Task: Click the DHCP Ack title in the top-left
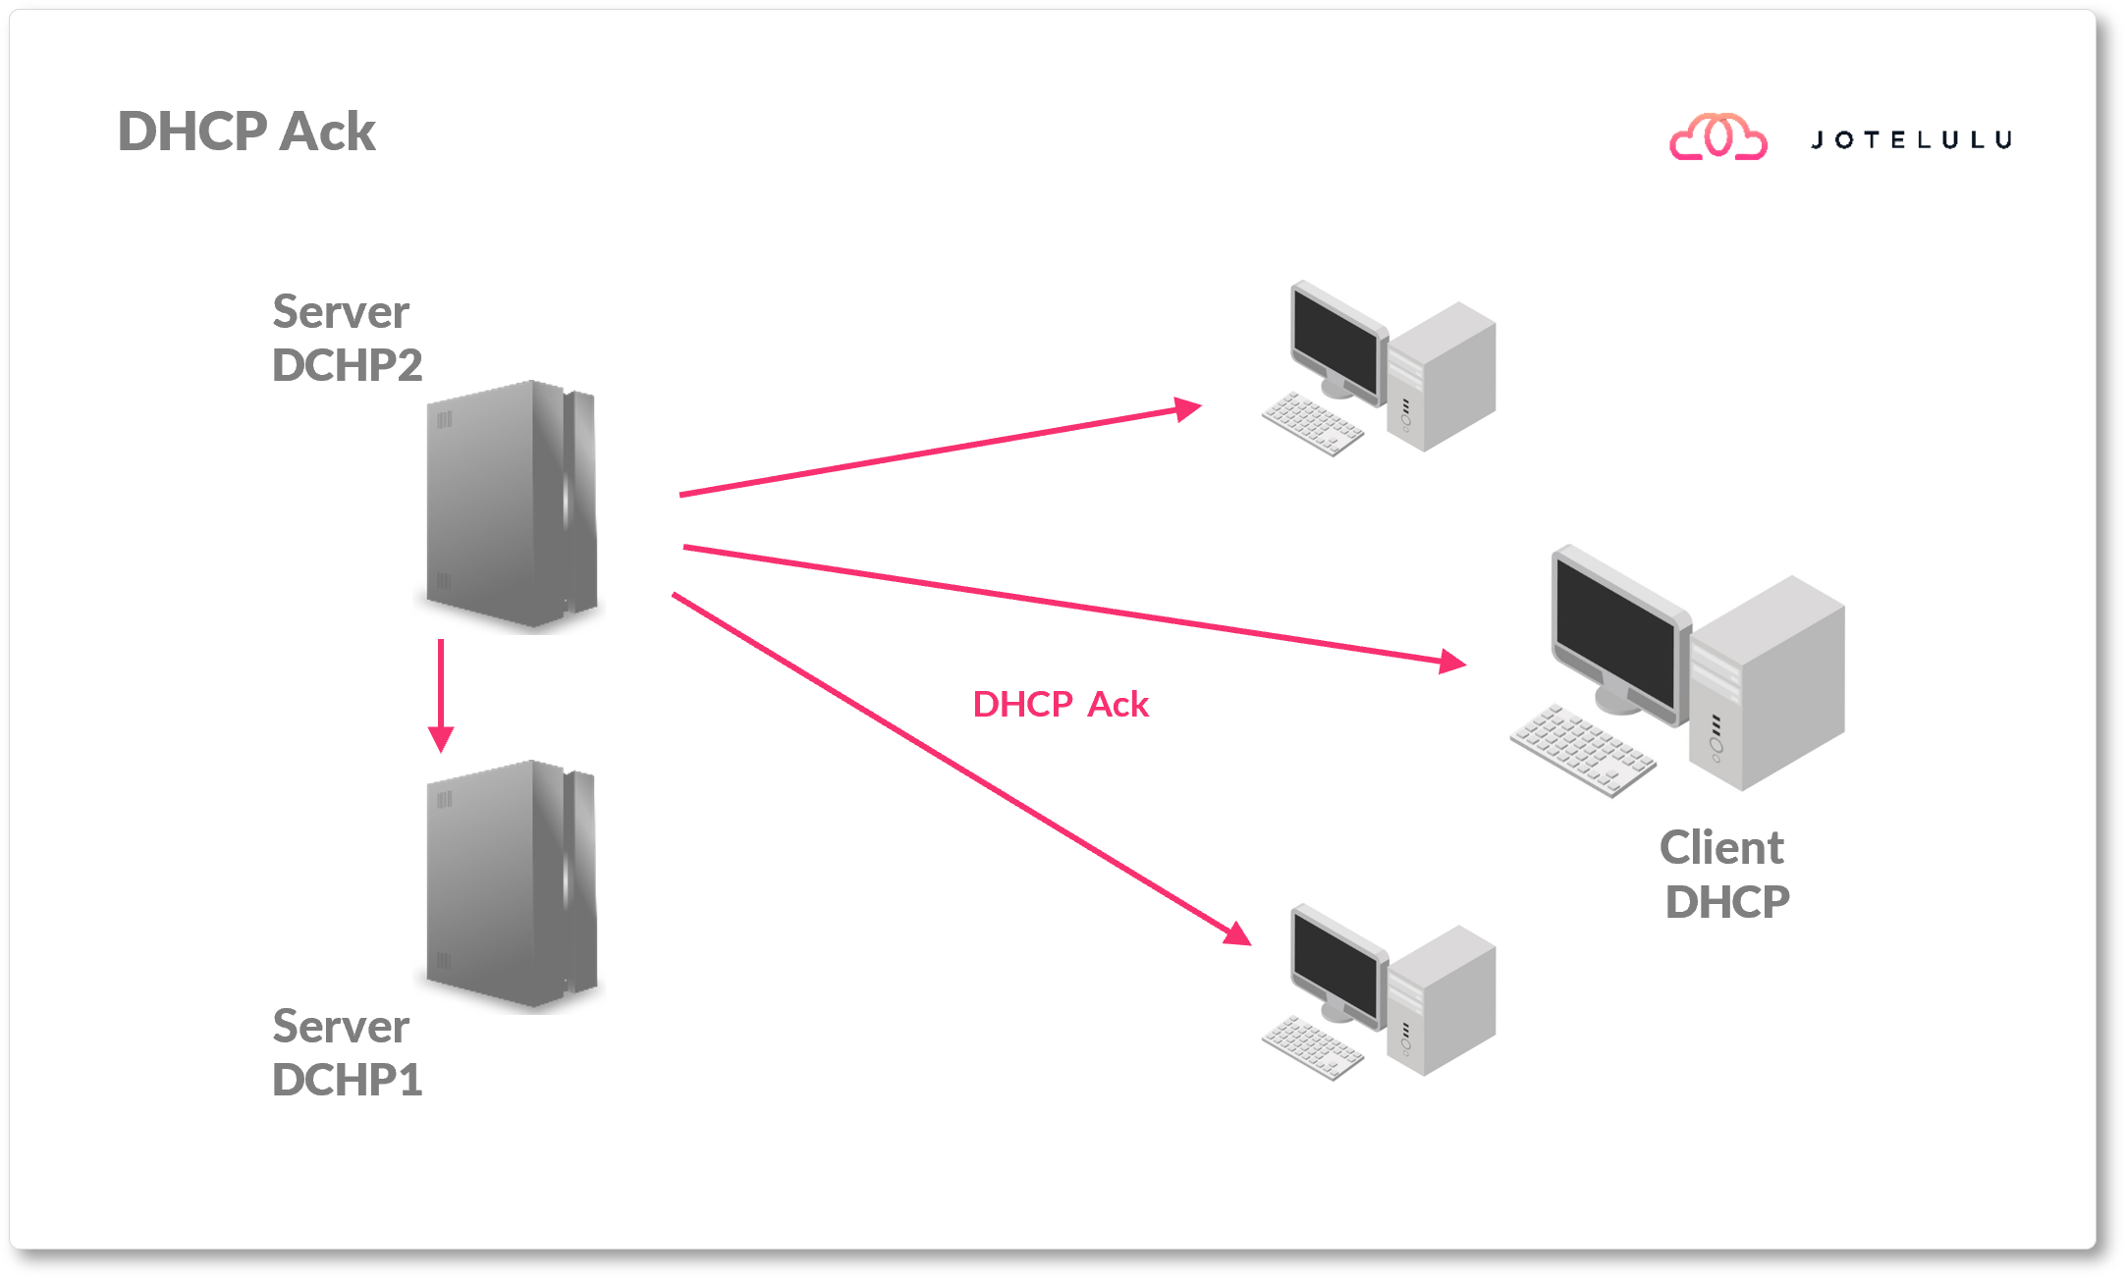[x=246, y=132]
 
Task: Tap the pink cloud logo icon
[x=1718, y=137]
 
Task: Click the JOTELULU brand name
[x=1911, y=140]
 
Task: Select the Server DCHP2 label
[x=346, y=339]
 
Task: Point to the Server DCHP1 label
[x=346, y=1053]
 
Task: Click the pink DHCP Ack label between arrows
[x=1060, y=705]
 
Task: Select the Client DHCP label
[x=1725, y=875]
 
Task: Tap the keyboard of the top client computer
[x=1313, y=423]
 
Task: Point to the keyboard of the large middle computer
[x=1582, y=750]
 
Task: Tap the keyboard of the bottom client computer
[x=1313, y=1047]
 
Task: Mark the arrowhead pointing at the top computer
[x=1189, y=408]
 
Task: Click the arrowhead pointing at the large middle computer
[x=1453, y=663]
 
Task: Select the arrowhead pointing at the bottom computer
[x=1239, y=934]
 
